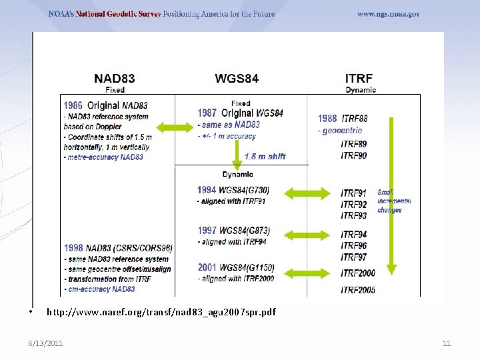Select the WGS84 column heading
click(x=237, y=78)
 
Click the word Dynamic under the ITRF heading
click(x=361, y=90)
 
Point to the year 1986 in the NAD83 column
click(x=73, y=105)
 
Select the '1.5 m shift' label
click(x=265, y=157)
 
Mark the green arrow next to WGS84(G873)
click(x=306, y=234)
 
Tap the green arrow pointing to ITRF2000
click(x=306, y=271)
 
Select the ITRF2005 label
click(x=358, y=289)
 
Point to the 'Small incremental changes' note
click(x=394, y=201)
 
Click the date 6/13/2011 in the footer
click(x=45, y=343)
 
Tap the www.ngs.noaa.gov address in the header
click(x=388, y=14)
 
